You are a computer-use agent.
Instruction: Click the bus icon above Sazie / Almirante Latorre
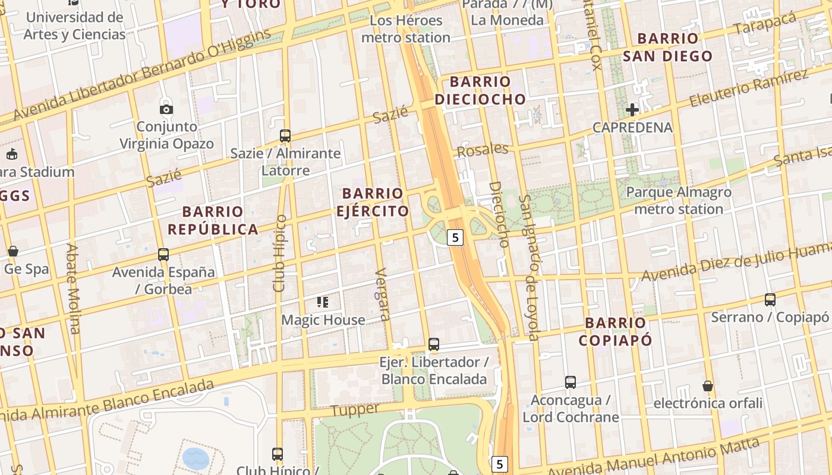(285, 136)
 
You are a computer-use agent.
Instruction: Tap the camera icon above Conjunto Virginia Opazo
(166, 109)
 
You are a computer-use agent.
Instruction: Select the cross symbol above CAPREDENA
(632, 109)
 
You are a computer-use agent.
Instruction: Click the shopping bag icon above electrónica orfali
(707, 386)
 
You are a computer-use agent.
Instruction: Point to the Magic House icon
(323, 302)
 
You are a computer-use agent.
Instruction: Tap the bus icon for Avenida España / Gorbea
(163, 255)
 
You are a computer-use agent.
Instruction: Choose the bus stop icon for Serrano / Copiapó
(770, 300)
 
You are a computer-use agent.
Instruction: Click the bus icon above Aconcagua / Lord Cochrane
(571, 382)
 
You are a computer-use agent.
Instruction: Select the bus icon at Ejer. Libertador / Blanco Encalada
(434, 344)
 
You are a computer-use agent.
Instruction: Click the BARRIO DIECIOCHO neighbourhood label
(480, 90)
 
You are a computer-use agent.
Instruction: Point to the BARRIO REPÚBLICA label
(213, 220)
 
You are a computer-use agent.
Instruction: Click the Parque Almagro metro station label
(679, 201)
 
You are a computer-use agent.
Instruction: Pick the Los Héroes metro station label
(406, 29)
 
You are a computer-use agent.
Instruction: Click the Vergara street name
(383, 294)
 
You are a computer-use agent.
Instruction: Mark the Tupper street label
(355, 410)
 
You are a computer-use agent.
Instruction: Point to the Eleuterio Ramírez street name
(749, 89)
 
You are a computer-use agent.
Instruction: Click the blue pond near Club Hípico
(196, 458)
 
